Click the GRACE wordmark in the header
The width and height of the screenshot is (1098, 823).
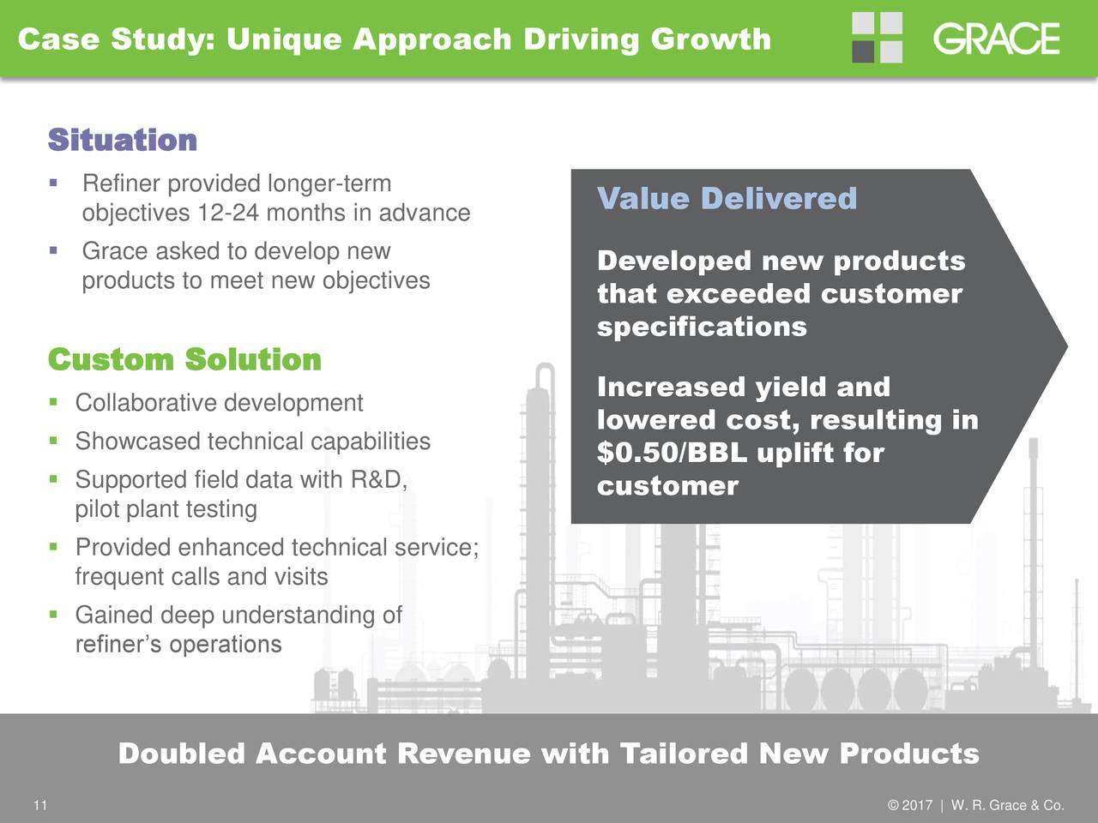click(997, 39)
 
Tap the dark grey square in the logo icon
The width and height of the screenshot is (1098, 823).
click(863, 52)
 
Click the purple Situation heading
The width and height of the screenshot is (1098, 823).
click(123, 140)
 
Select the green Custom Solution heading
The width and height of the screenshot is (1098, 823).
click(184, 359)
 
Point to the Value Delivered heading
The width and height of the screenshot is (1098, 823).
click(727, 198)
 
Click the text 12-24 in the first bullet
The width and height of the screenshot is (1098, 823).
click(228, 213)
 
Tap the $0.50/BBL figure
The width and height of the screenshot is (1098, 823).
click(673, 453)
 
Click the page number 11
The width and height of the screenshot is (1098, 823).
click(40, 805)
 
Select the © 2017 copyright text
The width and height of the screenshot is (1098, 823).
click(910, 805)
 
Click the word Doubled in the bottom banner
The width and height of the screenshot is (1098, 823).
click(182, 753)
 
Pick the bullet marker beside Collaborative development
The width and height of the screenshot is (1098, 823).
click(53, 402)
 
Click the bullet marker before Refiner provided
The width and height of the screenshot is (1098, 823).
click(53, 183)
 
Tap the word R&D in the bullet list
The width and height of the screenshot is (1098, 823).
click(378, 479)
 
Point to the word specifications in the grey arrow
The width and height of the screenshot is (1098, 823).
click(702, 327)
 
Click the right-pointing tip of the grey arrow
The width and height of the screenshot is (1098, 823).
click(1067, 345)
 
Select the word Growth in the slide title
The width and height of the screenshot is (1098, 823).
click(711, 39)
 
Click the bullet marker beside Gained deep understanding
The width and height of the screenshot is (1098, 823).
click(53, 614)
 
